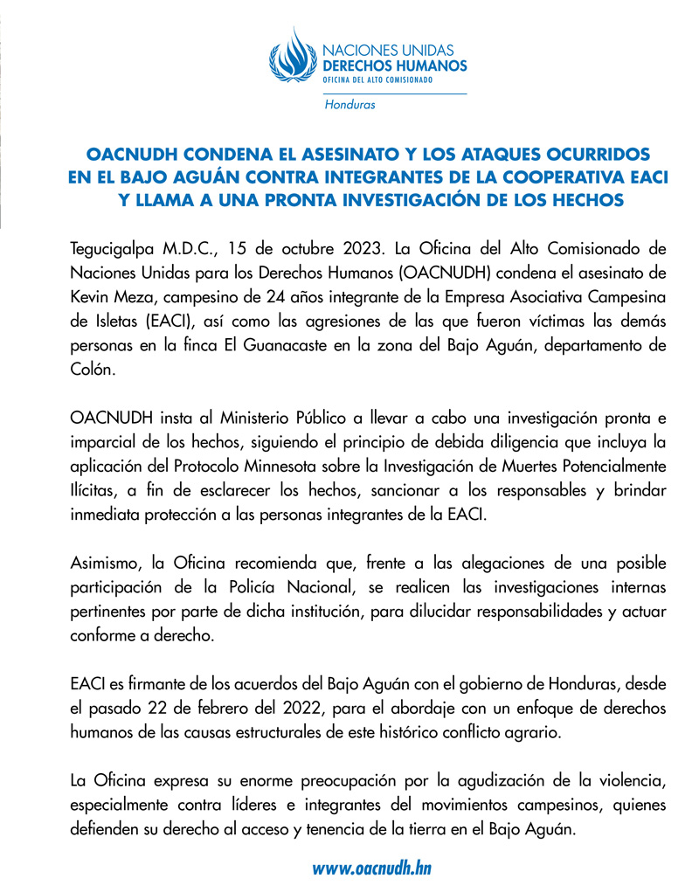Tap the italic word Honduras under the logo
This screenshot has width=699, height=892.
pyautogui.click(x=349, y=105)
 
